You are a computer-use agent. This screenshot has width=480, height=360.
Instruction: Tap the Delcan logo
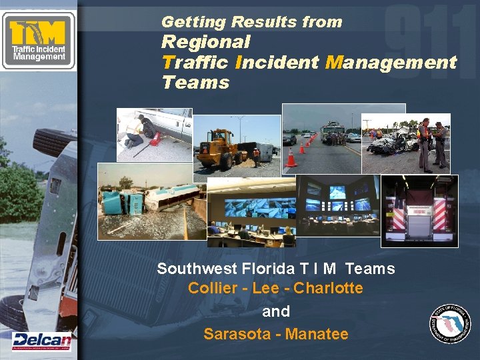tap(41, 340)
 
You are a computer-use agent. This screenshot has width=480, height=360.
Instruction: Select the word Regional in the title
tap(206, 42)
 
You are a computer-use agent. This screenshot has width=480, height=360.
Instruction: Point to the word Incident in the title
tap(277, 63)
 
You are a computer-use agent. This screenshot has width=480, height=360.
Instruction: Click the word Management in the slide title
tap(391, 63)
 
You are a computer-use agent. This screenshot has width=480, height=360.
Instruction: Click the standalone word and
tap(276, 311)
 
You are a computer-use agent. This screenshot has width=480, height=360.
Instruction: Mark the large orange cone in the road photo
tap(291, 158)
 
